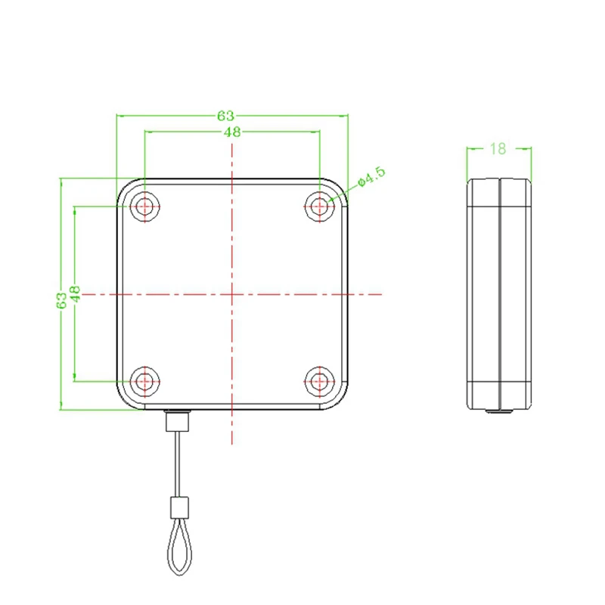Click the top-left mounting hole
pyautogui.click(x=144, y=206)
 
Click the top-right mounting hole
pyautogui.click(x=320, y=206)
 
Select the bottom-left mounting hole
pyautogui.click(x=144, y=380)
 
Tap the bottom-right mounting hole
pyautogui.click(x=320, y=380)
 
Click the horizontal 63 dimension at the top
pyautogui.click(x=225, y=116)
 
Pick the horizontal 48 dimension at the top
pyautogui.click(x=232, y=132)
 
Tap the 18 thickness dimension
pyautogui.click(x=498, y=148)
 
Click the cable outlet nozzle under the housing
pyautogui.click(x=178, y=419)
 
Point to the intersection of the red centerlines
pyautogui.click(x=232, y=293)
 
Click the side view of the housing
pyautogui.click(x=498, y=293)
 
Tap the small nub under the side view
pyautogui.click(x=498, y=411)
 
